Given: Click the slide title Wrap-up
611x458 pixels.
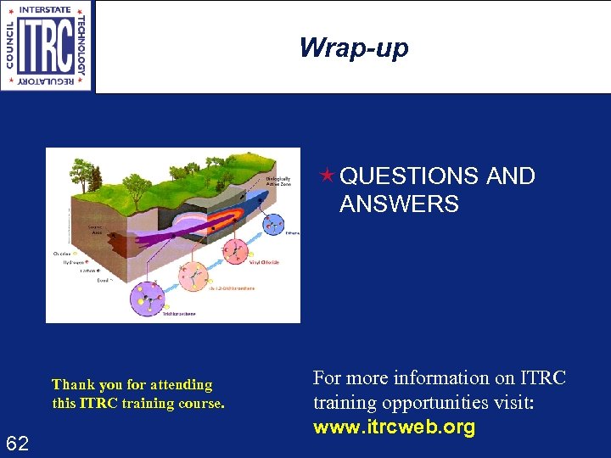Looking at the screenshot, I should click(353, 47).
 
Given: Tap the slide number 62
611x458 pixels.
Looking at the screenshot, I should click(18, 443).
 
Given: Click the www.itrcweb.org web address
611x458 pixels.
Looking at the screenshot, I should click(394, 427).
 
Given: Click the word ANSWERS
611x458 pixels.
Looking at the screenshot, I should click(399, 204).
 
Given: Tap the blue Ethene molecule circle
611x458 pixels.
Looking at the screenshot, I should click(272, 224).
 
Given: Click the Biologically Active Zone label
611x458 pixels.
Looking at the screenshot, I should click(278, 182).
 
